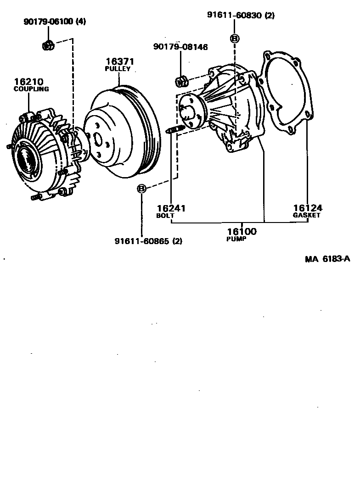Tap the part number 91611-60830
235,15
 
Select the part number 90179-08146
180,46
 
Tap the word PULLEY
118,69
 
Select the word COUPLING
31,89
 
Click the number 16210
28,82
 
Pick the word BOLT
165,215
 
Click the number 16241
170,208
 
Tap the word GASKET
306,215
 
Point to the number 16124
307,208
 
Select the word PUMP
236,239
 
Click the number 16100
242,232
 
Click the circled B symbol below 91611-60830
235,39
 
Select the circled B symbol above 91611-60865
142,188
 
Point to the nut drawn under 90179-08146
182,82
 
